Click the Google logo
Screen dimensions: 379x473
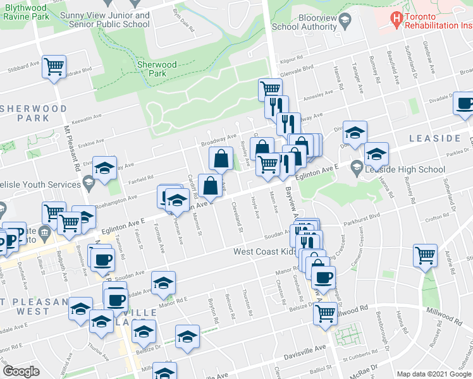click(21, 371)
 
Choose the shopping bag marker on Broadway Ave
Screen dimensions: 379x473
click(221, 160)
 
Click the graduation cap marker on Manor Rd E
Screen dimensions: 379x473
click(163, 284)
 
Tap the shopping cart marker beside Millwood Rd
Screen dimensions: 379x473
click(326, 312)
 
